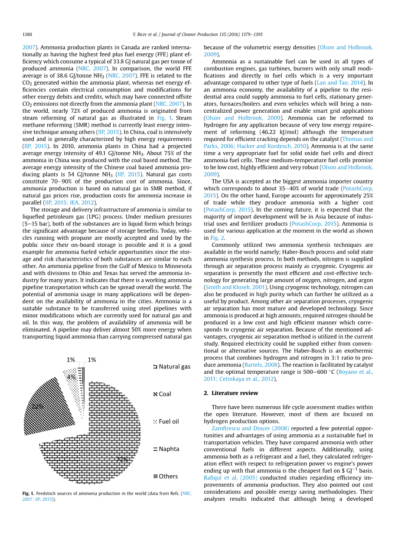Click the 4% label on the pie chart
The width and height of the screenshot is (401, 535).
click(71, 377)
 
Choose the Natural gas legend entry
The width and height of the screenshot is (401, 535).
click(172, 367)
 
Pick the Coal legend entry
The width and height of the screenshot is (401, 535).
click(162, 394)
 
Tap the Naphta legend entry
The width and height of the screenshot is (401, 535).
click(166, 449)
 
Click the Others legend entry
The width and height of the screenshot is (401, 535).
click(165, 476)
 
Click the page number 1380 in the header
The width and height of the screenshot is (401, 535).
click(27, 35)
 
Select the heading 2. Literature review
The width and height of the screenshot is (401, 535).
click(231, 393)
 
